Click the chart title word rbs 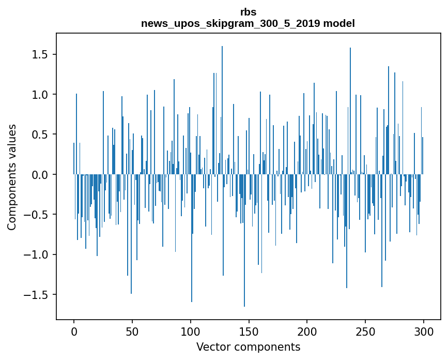click(248, 12)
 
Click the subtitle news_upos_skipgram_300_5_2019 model click(248, 23)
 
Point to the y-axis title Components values click(12, 177)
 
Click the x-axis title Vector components click(248, 347)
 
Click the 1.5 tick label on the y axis click(40, 55)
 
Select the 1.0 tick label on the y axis click(40, 95)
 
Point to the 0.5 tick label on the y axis click(40, 134)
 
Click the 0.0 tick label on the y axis click(40, 175)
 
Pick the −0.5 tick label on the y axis click(37, 215)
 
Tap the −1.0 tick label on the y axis click(37, 254)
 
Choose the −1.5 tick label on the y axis click(37, 295)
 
